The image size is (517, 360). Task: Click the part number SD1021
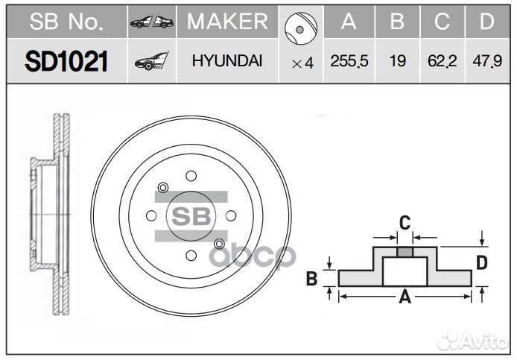(x=66, y=62)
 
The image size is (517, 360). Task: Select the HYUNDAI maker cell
(x=226, y=62)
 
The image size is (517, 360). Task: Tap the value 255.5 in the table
(x=349, y=62)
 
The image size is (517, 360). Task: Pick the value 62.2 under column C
(x=443, y=62)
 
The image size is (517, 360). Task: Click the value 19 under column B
(x=397, y=62)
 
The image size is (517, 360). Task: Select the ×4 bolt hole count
(x=302, y=63)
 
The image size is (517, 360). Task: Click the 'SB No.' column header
(x=66, y=22)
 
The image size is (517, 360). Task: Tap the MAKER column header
(x=226, y=22)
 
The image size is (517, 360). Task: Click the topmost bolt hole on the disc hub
(x=191, y=177)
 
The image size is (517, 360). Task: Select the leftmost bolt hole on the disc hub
(x=151, y=216)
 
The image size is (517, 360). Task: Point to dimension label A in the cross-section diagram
(x=405, y=297)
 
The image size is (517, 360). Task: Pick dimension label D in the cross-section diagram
(x=481, y=262)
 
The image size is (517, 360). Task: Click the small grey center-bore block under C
(x=405, y=252)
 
